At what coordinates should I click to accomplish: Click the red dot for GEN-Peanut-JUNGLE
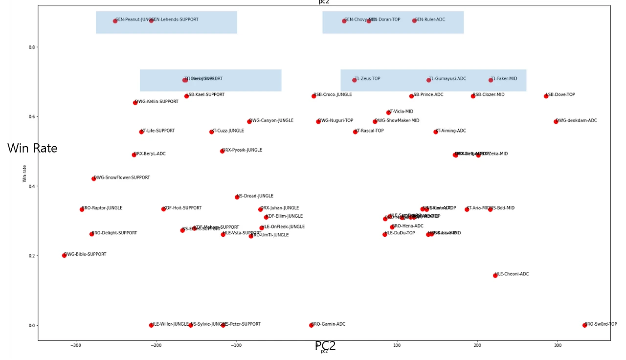coord(115,21)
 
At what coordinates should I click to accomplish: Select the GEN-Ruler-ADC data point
coord(414,21)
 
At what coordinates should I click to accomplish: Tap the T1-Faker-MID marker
coord(491,80)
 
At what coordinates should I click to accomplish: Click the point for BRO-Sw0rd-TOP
coord(584,325)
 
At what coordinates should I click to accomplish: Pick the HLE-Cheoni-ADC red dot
coord(495,275)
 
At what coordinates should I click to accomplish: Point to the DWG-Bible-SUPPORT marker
coord(64,255)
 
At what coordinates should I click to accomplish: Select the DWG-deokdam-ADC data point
coord(556,121)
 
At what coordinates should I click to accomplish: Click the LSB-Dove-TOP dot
coord(546,96)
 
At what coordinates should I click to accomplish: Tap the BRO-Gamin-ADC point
coord(312,325)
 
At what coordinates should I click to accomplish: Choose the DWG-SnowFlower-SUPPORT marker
coord(94,179)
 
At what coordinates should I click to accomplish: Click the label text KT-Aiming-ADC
coord(450,131)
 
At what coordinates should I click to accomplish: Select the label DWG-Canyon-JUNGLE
coord(271,120)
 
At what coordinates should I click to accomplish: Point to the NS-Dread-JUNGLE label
coord(255,196)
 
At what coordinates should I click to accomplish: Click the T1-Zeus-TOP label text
coord(367,78)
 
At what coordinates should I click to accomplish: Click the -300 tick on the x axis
coord(76,345)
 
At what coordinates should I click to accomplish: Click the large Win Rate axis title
coord(32,148)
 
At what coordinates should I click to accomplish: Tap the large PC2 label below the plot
coord(325,346)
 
